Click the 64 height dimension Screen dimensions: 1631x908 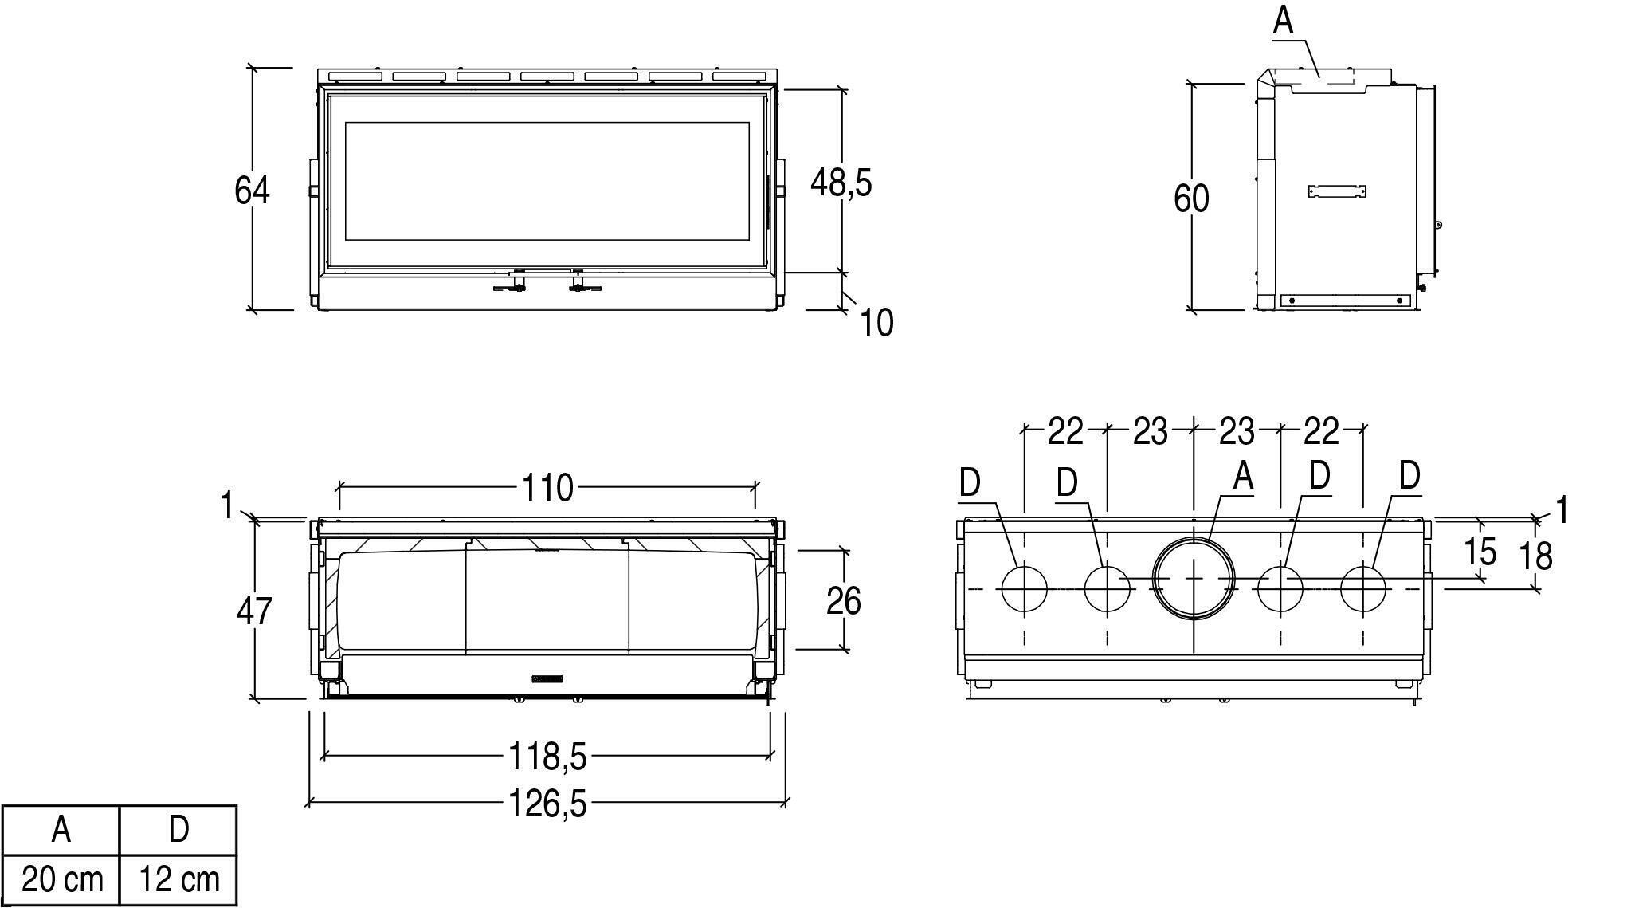(x=252, y=191)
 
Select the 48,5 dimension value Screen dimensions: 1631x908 (x=841, y=183)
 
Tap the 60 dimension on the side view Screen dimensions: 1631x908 (x=1191, y=199)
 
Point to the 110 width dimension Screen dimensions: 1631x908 (x=547, y=487)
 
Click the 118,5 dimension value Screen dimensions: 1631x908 (x=547, y=756)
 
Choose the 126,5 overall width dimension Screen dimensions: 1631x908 (x=547, y=804)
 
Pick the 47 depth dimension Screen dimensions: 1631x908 (x=254, y=611)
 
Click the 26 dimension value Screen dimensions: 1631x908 (x=843, y=600)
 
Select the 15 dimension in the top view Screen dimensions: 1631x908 (x=1480, y=551)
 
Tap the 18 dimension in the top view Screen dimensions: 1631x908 (x=1535, y=556)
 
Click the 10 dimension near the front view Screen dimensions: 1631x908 (x=876, y=323)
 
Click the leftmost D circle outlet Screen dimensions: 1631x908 (x=1024, y=588)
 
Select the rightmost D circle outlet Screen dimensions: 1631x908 (x=1363, y=588)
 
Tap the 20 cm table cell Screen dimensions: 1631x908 (x=61, y=880)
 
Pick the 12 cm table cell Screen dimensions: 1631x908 (x=178, y=880)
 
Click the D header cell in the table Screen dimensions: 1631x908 (x=178, y=831)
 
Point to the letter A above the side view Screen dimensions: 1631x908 (x=1283, y=20)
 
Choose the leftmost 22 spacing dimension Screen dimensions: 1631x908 (x=1065, y=431)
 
